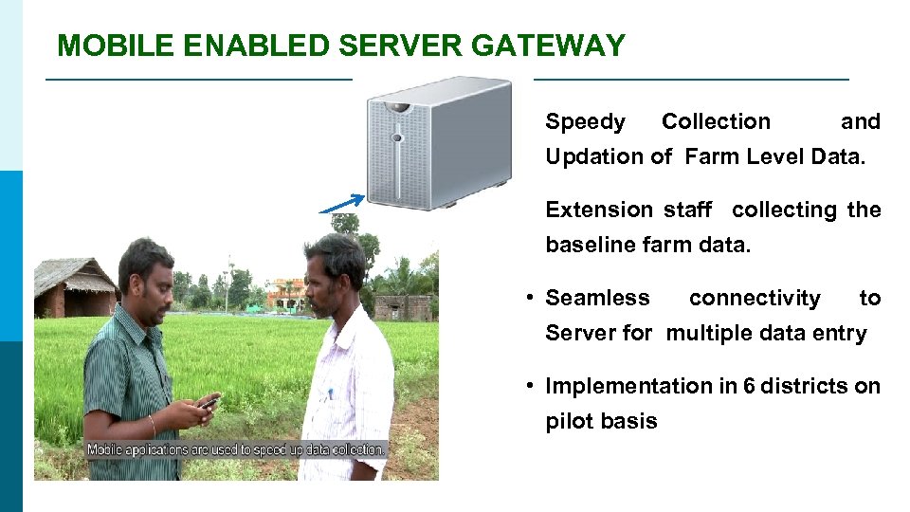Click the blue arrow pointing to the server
[341, 204]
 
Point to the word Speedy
[585, 122]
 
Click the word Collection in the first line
[716, 122]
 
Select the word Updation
[594, 157]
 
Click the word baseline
[591, 246]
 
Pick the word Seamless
[597, 298]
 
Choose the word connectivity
[755, 298]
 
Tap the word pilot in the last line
[568, 422]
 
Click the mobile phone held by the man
[209, 402]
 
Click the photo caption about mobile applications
[237, 448]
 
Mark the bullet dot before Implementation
[533, 387]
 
